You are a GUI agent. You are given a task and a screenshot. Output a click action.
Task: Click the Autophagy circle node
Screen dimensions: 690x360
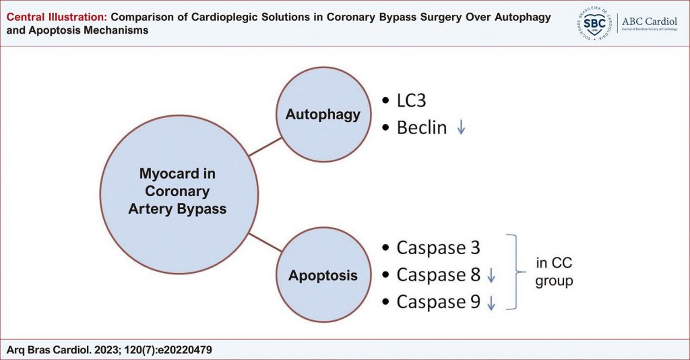tap(323, 115)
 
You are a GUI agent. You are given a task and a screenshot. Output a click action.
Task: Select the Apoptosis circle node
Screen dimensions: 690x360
tap(323, 274)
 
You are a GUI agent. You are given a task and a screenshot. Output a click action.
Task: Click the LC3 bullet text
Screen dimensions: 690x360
tap(411, 100)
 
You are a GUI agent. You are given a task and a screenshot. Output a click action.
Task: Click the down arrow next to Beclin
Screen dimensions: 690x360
tap(461, 127)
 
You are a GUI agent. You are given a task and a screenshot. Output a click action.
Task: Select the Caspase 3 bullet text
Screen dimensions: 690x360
tap(438, 248)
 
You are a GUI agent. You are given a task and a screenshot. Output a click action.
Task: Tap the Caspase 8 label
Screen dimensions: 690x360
tap(438, 275)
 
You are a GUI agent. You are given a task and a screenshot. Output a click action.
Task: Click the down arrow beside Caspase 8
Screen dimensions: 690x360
tap(491, 276)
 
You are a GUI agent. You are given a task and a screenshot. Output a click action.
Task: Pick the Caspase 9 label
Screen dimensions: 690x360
tap(438, 302)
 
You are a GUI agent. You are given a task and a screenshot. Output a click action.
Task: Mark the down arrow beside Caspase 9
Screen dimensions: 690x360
tap(491, 303)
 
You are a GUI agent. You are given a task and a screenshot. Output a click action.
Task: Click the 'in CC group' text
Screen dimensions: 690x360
tap(554, 272)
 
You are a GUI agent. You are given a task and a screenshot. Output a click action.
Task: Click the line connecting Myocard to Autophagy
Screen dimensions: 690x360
tap(265, 147)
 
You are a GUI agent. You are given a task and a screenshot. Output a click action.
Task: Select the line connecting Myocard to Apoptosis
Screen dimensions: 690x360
tap(265, 243)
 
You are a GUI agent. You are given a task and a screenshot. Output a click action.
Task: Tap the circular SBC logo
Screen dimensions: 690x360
tap(594, 24)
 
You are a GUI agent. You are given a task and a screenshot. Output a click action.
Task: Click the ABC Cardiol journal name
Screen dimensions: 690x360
tap(650, 22)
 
